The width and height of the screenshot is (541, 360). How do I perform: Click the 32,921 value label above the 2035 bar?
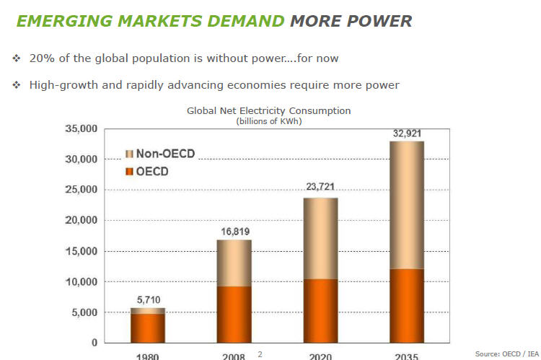click(x=406, y=133)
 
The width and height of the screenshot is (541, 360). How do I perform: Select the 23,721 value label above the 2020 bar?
click(x=320, y=187)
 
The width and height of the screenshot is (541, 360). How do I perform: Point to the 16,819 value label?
click(x=234, y=232)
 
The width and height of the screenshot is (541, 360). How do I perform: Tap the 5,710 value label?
click(x=148, y=300)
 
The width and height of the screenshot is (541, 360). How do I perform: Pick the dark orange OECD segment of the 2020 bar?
click(x=320, y=310)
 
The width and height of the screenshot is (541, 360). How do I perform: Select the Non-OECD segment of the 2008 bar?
click(x=234, y=263)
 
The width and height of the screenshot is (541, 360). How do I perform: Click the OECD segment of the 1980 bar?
click(x=148, y=328)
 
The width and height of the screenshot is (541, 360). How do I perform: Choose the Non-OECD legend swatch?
click(x=129, y=154)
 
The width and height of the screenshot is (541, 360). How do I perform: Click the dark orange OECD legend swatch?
click(x=129, y=172)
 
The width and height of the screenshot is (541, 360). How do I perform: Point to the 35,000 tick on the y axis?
click(x=81, y=129)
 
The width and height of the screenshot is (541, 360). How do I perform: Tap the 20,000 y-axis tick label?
click(x=81, y=221)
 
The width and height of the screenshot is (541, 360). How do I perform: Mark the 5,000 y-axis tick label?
click(x=84, y=312)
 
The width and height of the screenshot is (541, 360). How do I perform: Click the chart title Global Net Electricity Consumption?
click(x=268, y=111)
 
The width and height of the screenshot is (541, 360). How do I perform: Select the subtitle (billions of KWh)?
click(x=268, y=121)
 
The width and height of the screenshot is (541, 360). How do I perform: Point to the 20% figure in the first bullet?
click(x=40, y=58)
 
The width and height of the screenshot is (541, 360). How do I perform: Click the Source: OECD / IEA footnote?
click(x=506, y=353)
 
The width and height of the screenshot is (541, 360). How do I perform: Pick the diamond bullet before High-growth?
click(x=17, y=85)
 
